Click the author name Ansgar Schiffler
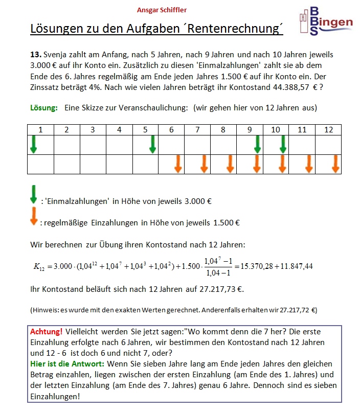coord(162,10)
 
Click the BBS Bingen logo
coord(326,21)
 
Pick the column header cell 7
coord(197,130)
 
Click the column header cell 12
coord(328,130)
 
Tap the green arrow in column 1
coord(34,144)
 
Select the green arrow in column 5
coord(152,144)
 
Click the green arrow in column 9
coord(257,144)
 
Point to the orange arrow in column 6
coord(178,164)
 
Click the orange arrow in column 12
coord(335,164)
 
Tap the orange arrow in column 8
coord(230,164)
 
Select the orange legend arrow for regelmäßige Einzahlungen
coord(34,216)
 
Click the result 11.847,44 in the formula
coord(295,266)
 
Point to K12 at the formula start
coord(38,267)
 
